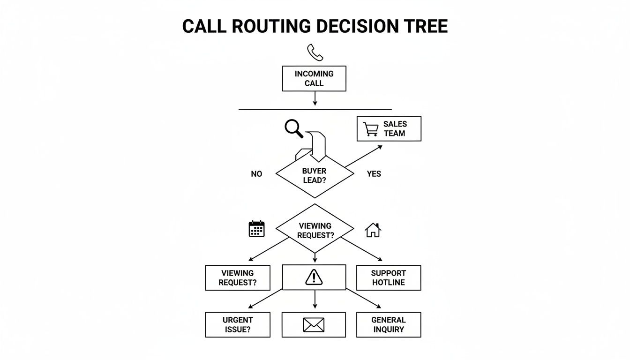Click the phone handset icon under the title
(x=315, y=52)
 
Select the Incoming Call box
(x=314, y=78)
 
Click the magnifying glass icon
(x=294, y=128)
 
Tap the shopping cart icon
(x=370, y=129)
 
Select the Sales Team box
(x=389, y=128)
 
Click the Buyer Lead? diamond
(x=315, y=176)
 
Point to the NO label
(x=256, y=174)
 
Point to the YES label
(x=374, y=174)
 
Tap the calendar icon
(x=256, y=229)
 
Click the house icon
(x=373, y=230)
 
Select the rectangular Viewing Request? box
(x=238, y=278)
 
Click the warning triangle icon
(x=314, y=277)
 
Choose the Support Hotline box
(x=389, y=278)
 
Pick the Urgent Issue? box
(x=238, y=324)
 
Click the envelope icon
(x=314, y=324)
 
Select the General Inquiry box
(x=389, y=324)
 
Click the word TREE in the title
(x=424, y=26)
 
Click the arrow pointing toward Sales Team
(x=364, y=156)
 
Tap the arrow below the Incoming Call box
(x=315, y=98)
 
